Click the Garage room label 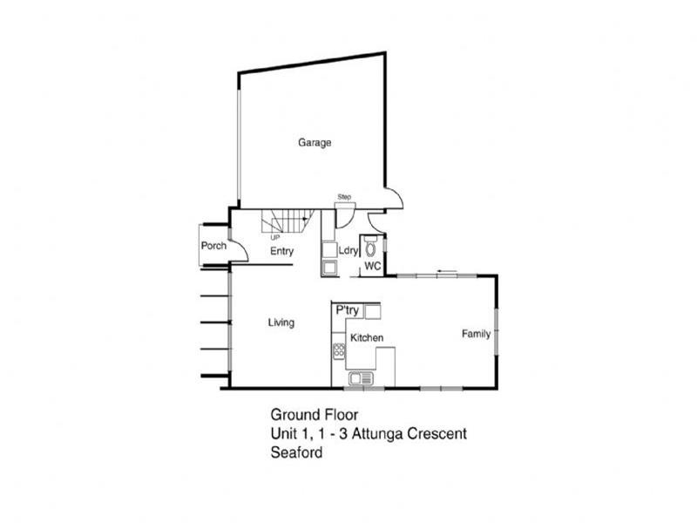click(315, 142)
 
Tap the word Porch click(213, 246)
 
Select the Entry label click(281, 251)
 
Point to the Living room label click(281, 323)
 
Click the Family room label click(476, 333)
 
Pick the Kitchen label click(367, 337)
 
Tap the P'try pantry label click(348, 310)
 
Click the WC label click(373, 265)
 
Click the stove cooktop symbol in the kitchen click(339, 352)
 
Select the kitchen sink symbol click(360, 378)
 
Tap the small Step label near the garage click(344, 198)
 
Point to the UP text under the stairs click(275, 236)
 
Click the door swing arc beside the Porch click(240, 251)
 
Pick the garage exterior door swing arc click(394, 199)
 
